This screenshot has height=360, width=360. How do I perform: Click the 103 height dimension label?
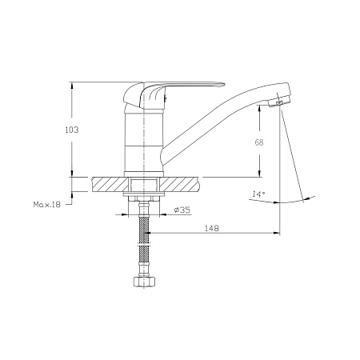pyautogui.click(x=72, y=130)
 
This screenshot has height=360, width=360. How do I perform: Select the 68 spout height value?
pyautogui.click(x=259, y=142)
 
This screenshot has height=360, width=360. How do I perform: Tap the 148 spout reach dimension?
pyautogui.click(x=212, y=228)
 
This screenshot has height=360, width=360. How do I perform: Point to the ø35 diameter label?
pyautogui.click(x=182, y=210)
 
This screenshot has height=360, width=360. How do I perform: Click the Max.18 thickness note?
pyautogui.click(x=47, y=205)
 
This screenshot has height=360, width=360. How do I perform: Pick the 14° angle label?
pyautogui.click(x=258, y=194)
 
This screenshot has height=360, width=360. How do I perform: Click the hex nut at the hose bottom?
pyautogui.click(x=144, y=282)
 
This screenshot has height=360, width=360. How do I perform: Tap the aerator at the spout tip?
pyautogui.click(x=279, y=102)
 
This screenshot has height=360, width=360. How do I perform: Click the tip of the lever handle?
pyautogui.click(x=223, y=85)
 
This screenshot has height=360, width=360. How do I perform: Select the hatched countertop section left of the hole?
pyautogui.click(x=110, y=184)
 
